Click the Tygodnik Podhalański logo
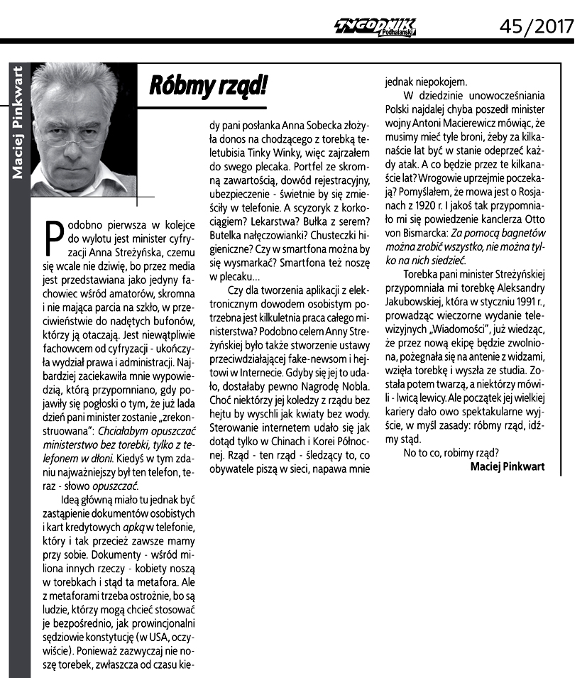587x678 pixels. click(376, 27)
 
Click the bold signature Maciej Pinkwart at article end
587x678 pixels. click(513, 466)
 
